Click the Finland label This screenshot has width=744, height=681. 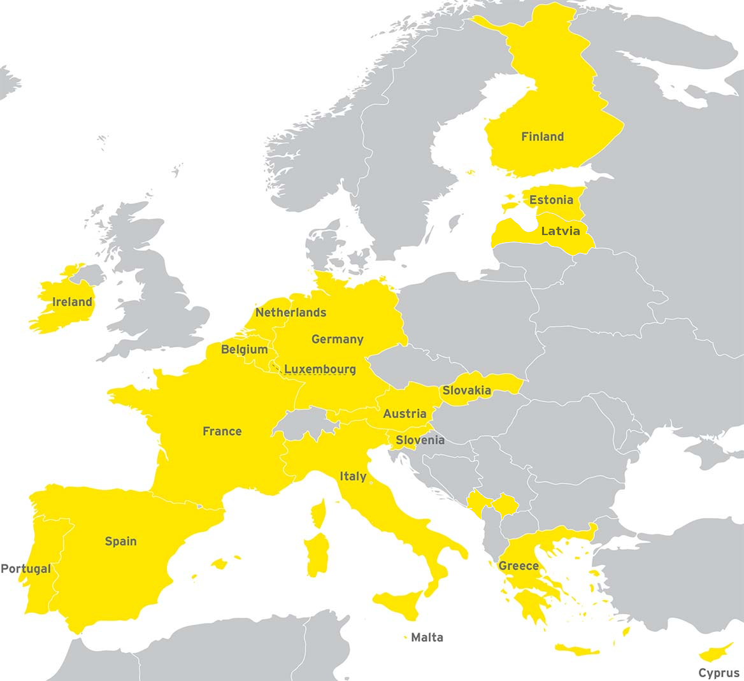click(543, 136)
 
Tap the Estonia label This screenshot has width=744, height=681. click(551, 200)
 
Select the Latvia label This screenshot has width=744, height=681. click(561, 231)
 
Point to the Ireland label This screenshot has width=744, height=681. click(72, 302)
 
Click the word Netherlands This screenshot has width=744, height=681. click(290, 313)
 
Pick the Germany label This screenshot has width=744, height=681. click(337, 340)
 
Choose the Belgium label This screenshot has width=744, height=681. click(244, 350)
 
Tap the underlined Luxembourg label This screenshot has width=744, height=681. click(320, 369)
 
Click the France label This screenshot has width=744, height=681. click(222, 431)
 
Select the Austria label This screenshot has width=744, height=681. click(404, 414)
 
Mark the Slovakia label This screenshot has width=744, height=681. click(466, 391)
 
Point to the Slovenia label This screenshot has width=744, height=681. click(420, 440)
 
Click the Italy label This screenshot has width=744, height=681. click(353, 477)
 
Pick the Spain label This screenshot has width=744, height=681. click(120, 541)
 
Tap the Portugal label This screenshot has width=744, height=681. click(25, 569)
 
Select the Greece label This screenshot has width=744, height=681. click(519, 566)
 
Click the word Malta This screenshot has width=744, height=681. click(427, 638)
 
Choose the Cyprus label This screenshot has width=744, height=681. click(719, 673)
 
